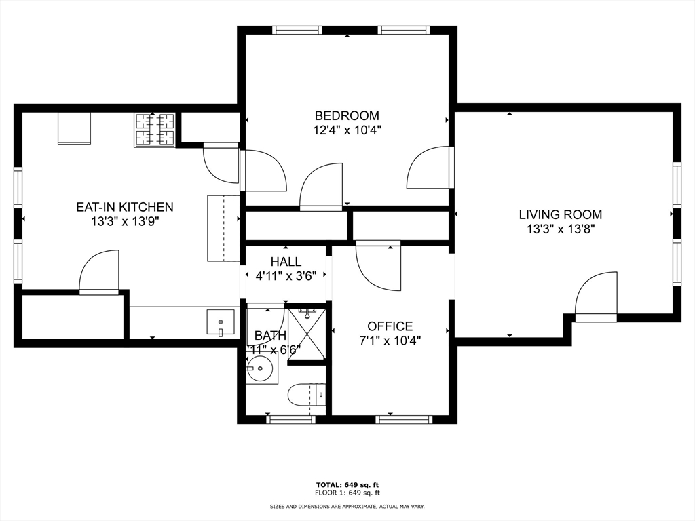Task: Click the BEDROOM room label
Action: [x=347, y=115]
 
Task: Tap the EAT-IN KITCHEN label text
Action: [x=124, y=207]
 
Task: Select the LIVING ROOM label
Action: [x=560, y=214]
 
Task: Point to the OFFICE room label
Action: [x=390, y=326]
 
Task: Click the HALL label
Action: [x=286, y=262]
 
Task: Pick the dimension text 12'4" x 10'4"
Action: [x=347, y=130]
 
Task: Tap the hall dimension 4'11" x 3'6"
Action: [x=286, y=276]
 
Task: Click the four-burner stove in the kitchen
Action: [x=155, y=130]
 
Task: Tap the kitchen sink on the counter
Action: [x=221, y=322]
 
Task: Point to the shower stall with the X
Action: [x=307, y=333]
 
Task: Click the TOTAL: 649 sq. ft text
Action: [x=347, y=484]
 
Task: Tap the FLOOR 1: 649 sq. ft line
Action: [x=347, y=493]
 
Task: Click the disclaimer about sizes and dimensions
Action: [x=347, y=507]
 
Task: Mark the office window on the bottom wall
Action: [x=404, y=419]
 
